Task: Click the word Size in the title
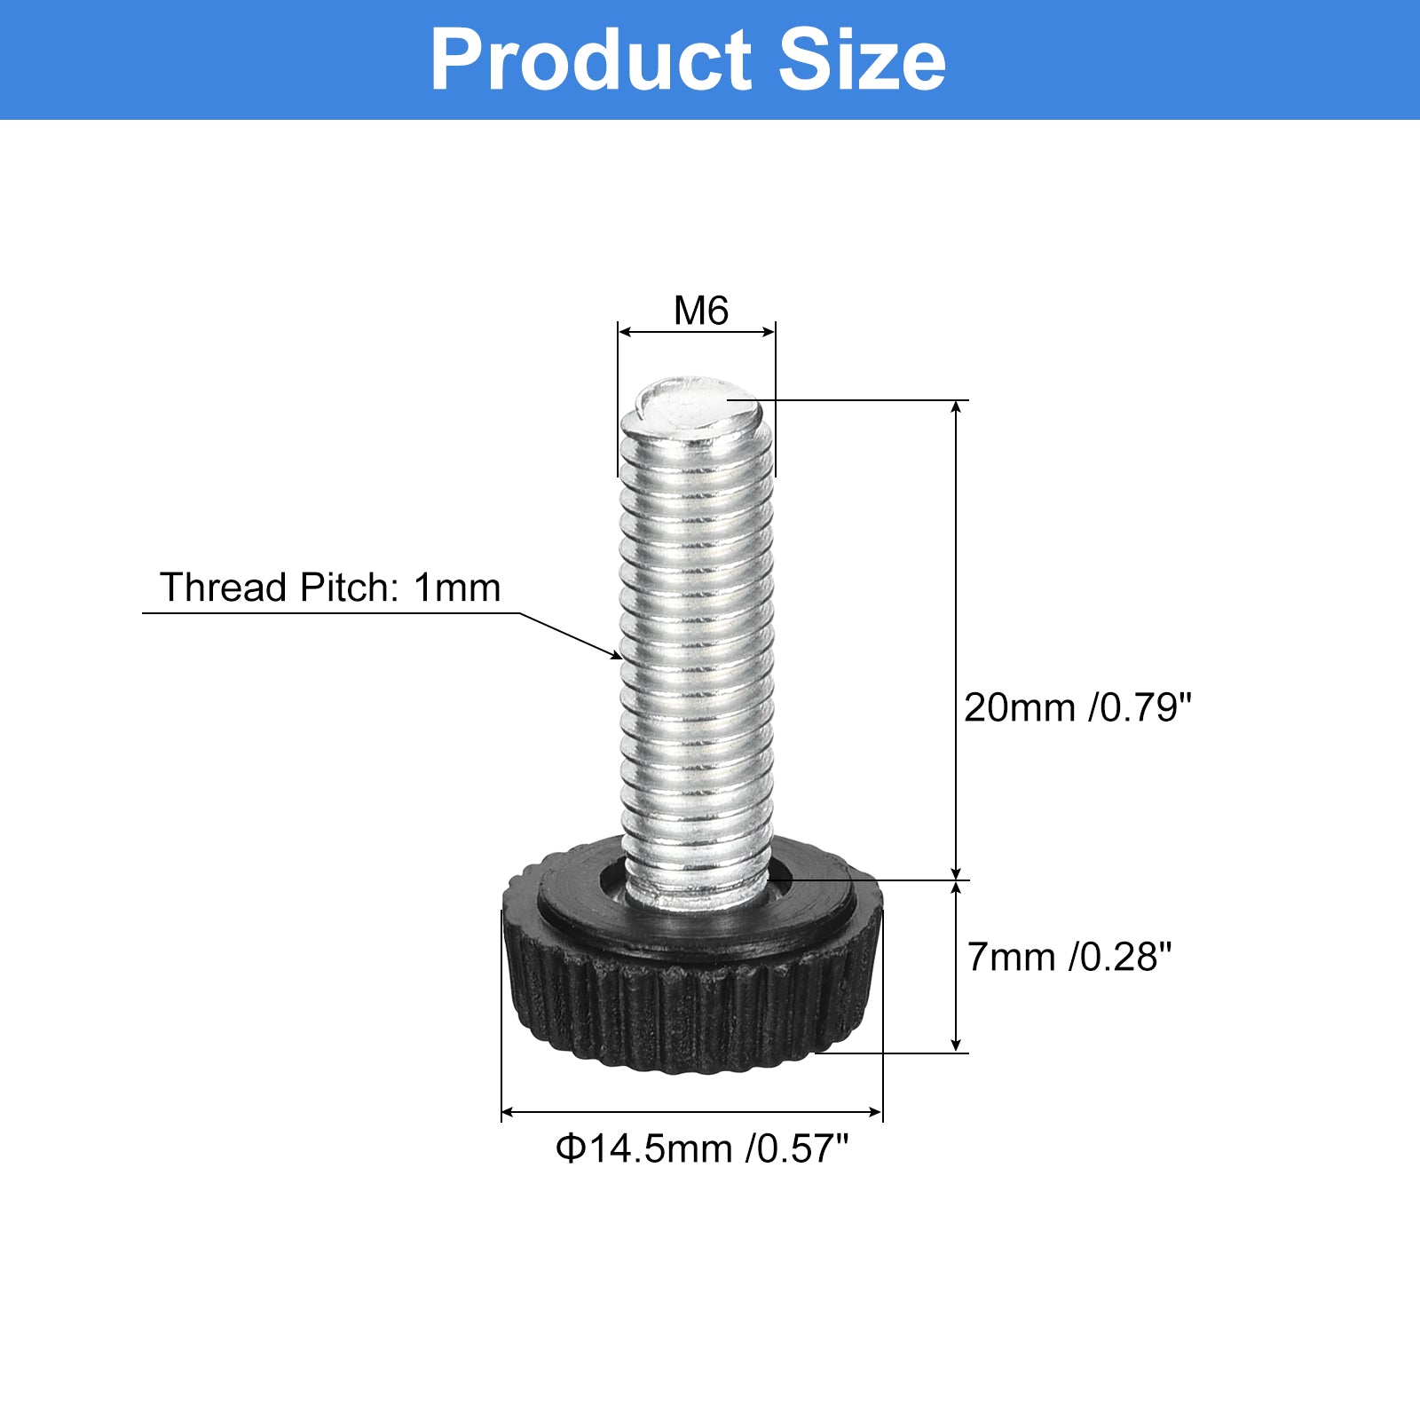coord(862,60)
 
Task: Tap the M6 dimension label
coord(700,311)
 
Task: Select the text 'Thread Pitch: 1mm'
coord(329,588)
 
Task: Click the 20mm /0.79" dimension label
coord(1077,707)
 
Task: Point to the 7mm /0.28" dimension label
coord(1069,957)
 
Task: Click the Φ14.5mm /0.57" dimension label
coord(701,1148)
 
